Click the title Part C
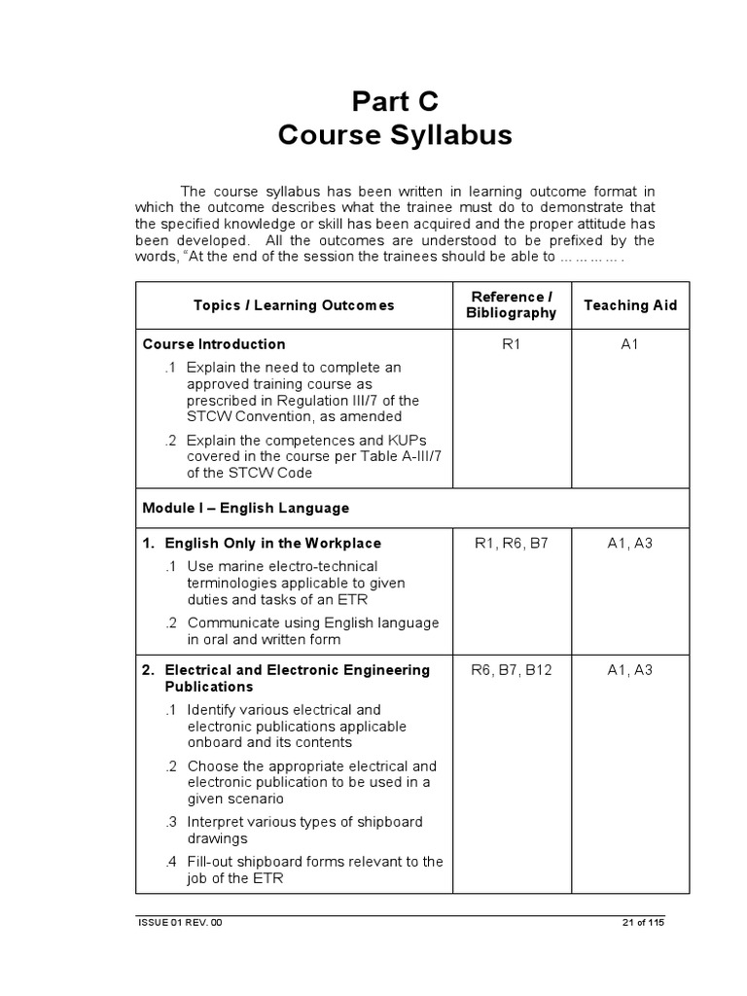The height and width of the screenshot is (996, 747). click(395, 100)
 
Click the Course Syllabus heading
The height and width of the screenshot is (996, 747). click(395, 135)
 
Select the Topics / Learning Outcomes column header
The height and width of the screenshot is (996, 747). click(294, 305)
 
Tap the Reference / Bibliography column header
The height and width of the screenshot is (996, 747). click(512, 304)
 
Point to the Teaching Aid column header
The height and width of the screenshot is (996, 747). click(630, 305)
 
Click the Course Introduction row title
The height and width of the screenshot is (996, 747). click(214, 344)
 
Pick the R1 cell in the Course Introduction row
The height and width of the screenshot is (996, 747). click(512, 344)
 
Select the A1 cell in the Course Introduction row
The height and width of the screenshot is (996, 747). click(630, 344)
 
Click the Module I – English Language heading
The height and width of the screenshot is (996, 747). click(245, 508)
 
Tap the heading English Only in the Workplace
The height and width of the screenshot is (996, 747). click(272, 543)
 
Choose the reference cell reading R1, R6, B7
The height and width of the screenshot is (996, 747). click(512, 543)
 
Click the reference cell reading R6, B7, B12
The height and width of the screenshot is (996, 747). click(512, 670)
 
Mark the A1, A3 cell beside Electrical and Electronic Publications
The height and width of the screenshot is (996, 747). click(630, 670)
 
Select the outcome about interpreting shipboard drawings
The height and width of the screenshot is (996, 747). click(304, 830)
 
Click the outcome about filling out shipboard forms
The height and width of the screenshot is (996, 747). click(314, 870)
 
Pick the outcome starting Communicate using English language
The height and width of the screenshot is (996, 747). click(312, 630)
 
